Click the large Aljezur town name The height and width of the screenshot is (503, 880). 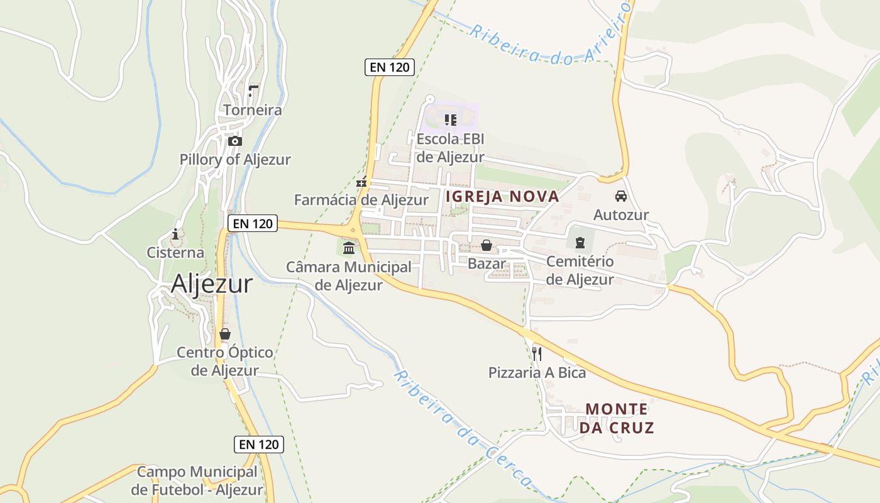click(x=212, y=284)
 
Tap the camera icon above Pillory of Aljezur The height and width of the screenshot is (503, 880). click(x=235, y=141)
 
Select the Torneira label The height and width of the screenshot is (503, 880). click(x=253, y=110)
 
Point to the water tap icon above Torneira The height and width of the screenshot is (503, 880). click(x=253, y=91)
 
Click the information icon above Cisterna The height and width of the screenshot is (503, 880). click(x=175, y=235)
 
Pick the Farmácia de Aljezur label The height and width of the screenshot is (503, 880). click(x=361, y=200)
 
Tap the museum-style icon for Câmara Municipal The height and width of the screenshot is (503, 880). click(x=349, y=248)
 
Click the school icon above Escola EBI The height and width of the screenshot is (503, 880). click(x=450, y=119)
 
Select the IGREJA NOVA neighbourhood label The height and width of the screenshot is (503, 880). click(x=502, y=196)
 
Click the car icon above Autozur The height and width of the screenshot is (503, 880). click(x=621, y=196)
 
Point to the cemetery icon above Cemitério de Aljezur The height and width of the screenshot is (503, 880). click(x=580, y=242)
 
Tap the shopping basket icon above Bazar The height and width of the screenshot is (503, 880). click(x=487, y=245)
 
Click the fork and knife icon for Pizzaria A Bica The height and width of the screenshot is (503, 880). click(x=537, y=354)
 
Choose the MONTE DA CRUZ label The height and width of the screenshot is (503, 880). click(x=617, y=418)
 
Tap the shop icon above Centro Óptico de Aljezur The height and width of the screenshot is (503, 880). click(x=225, y=334)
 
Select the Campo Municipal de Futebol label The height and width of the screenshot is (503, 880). click(x=197, y=480)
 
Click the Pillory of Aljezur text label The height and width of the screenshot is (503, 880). click(x=235, y=160)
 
